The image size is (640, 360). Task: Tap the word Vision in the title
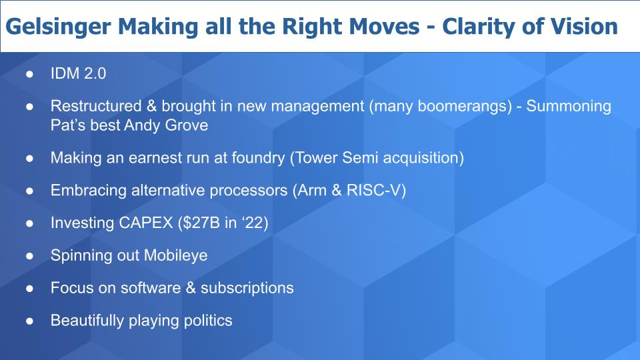584,26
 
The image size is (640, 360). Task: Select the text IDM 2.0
78,73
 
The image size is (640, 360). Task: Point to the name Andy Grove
166,125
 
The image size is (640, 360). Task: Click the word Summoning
569,107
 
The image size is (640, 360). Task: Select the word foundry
258,159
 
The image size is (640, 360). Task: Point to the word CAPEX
146,223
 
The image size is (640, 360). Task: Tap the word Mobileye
175,256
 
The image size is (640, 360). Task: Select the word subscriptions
247,289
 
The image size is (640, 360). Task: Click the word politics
208,321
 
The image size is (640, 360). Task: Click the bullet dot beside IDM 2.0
29,74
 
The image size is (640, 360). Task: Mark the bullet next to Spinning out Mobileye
29,256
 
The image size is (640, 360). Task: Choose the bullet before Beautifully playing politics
29,321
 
